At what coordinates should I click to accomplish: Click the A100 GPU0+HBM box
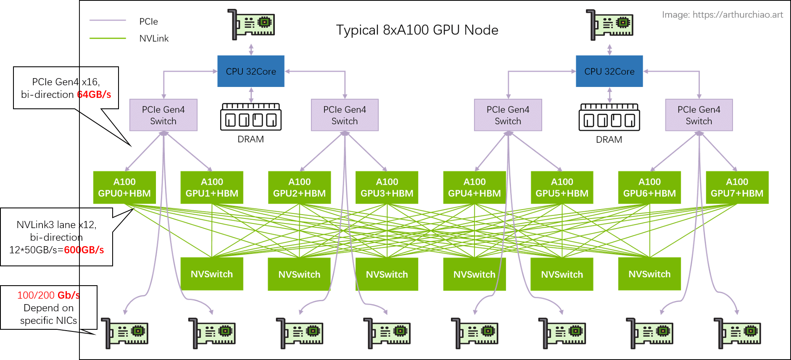pyautogui.click(x=124, y=187)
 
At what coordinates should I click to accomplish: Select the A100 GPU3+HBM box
pyautogui.click(x=387, y=187)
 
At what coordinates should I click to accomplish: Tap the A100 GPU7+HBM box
pyautogui.click(x=737, y=187)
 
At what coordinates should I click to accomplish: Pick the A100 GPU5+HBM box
pyautogui.click(x=562, y=187)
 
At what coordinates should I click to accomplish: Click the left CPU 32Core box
pyautogui.click(x=250, y=71)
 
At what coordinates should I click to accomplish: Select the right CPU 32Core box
pyautogui.click(x=609, y=71)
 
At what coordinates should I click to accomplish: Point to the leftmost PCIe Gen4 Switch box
pyautogui.click(x=163, y=115)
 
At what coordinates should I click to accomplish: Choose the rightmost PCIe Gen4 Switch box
pyautogui.click(x=699, y=115)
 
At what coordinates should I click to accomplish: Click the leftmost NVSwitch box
pyautogui.click(x=211, y=274)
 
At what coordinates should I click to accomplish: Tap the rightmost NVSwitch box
pyautogui.click(x=649, y=274)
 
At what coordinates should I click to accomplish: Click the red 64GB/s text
pyautogui.click(x=94, y=95)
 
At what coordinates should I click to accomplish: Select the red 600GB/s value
pyautogui.click(x=84, y=250)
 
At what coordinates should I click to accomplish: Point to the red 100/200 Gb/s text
pyautogui.click(x=48, y=295)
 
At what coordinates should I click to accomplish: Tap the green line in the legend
pyautogui.click(x=108, y=38)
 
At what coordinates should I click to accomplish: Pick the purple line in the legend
pyautogui.click(x=108, y=20)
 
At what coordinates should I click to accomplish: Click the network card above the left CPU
pyautogui.click(x=251, y=25)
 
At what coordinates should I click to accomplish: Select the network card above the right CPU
pyautogui.click(x=610, y=25)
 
